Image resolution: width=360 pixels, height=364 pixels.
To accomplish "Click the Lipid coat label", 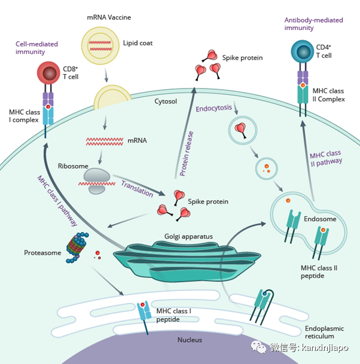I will click(x=137, y=43).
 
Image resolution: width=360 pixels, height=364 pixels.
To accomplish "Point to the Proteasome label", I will click(x=42, y=253).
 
